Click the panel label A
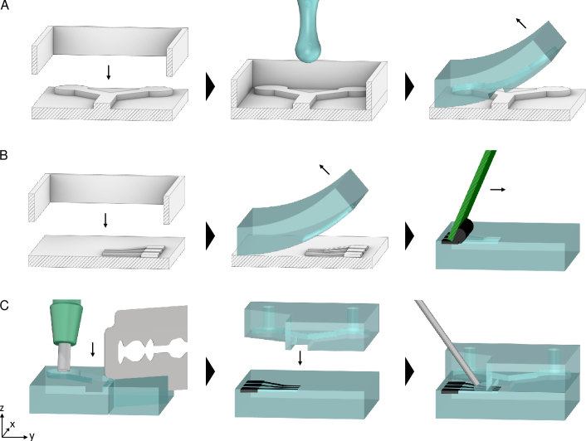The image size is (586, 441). pos(4,5)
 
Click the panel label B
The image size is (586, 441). pos(4,155)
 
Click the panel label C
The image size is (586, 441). pos(4,306)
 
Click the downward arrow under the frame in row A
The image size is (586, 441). pos(109,72)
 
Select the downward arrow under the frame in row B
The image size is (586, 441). pos(105,220)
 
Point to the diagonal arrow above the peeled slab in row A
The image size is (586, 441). pos(521,22)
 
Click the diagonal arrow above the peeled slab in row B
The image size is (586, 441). pos(325,169)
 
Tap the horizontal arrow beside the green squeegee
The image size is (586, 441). pos(498,190)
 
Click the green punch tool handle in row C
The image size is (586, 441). pos(66,322)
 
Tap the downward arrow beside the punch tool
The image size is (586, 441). pos(93,349)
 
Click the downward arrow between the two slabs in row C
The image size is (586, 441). pos(300,357)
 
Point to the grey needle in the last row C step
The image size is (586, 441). pos(447,343)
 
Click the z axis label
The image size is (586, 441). pos(2,408)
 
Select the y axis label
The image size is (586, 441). pos(32,436)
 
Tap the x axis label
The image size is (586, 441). pos(12,424)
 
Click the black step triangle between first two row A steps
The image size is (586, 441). pos(210,86)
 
